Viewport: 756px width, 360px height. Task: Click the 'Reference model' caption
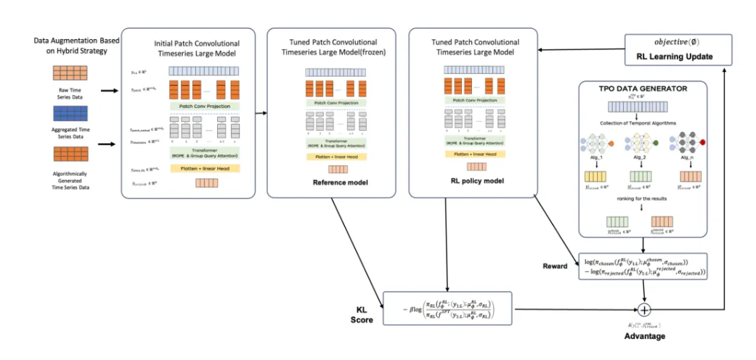click(x=330, y=182)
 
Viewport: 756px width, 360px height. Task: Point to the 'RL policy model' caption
click(x=471, y=182)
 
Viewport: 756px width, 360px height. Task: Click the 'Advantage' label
click(x=644, y=336)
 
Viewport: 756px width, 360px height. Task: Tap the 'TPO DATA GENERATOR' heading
click(x=645, y=89)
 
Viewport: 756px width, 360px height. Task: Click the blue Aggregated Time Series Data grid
click(x=70, y=114)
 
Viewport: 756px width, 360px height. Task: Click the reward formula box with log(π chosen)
click(x=645, y=267)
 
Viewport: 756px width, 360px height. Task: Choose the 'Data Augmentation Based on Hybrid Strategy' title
click(x=70, y=46)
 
